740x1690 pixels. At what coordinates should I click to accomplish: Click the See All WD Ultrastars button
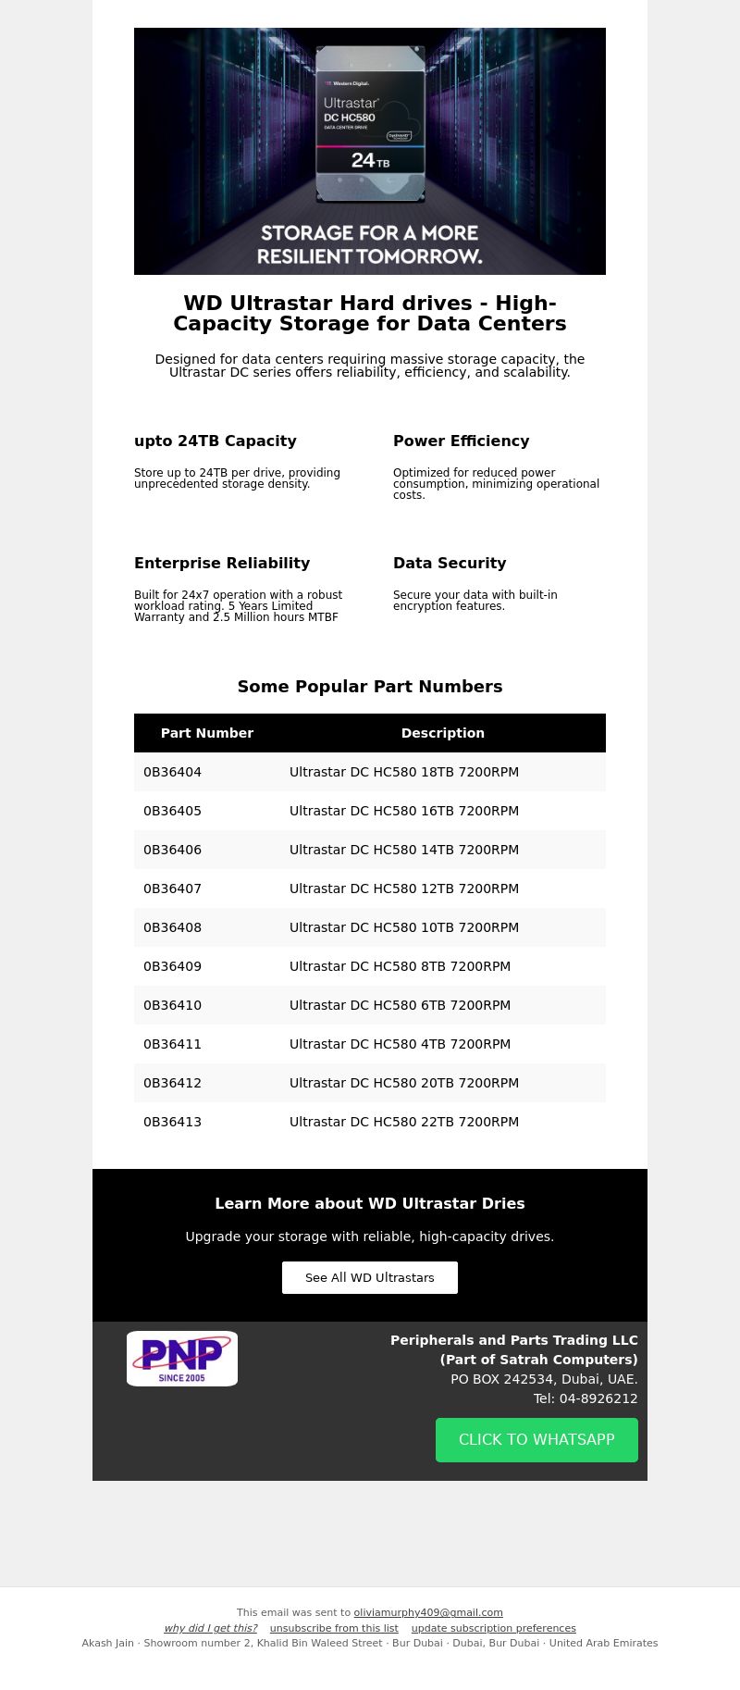370,1277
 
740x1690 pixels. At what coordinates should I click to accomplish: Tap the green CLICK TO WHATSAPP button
536,1439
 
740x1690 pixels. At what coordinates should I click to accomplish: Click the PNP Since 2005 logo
182,1358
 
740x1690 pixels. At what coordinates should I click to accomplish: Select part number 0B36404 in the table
173,772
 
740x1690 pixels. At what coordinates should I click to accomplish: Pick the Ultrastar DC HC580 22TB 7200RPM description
404,1122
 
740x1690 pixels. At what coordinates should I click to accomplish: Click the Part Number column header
207,733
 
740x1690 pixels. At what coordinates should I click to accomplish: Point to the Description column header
442,733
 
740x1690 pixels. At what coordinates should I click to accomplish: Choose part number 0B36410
173,1005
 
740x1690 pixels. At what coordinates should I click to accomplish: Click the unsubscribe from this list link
334,1628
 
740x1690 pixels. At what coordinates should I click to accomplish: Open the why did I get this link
211,1628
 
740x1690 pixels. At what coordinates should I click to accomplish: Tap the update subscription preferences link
493,1628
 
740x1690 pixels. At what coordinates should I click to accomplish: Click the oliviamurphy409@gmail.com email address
428,1612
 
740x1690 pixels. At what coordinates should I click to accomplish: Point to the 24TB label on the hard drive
370,161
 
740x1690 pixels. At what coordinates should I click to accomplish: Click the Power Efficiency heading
462,441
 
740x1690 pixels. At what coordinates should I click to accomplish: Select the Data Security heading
450,564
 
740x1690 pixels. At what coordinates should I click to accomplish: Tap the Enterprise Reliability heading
222,564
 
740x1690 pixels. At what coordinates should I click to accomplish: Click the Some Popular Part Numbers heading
370,687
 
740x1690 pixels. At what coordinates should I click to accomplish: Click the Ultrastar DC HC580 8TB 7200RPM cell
400,966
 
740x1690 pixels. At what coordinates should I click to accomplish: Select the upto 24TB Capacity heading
216,441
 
